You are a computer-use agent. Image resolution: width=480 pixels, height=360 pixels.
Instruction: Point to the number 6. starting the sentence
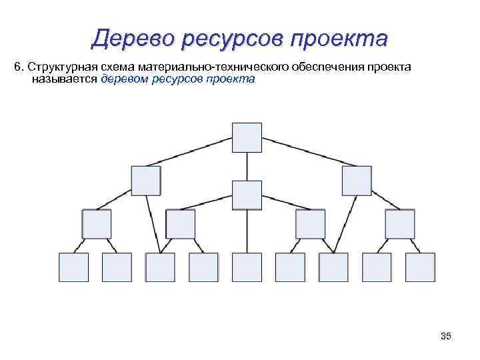tap(19, 67)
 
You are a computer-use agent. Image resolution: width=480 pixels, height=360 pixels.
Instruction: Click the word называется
tap(64, 79)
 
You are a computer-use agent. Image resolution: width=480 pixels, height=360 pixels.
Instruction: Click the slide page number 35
tap(446, 337)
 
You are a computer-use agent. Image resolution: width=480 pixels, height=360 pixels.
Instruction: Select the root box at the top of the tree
tap(247, 138)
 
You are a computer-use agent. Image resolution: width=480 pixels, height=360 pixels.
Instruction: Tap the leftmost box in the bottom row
tap(73, 267)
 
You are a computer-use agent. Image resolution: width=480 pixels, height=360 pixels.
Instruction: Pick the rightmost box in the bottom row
tap(420, 267)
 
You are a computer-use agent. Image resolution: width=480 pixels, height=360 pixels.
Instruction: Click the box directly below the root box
tap(247, 195)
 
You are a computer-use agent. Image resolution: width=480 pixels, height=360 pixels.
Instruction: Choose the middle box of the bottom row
tap(247, 267)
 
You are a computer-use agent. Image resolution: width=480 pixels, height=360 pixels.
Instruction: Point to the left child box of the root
tap(146, 180)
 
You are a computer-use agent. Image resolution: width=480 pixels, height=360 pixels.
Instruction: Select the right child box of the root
tap(357, 180)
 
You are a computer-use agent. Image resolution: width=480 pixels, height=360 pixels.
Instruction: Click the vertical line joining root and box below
tap(247, 167)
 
